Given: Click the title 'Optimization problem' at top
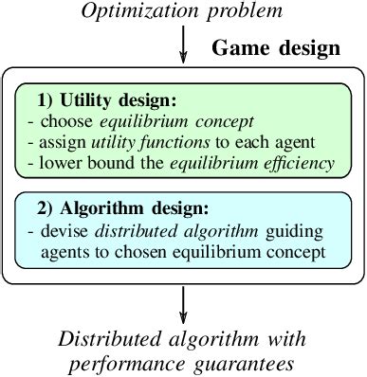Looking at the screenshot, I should (x=183, y=12).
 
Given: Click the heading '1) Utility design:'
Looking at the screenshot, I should (x=106, y=99).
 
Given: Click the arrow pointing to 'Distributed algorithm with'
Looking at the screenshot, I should (x=184, y=304).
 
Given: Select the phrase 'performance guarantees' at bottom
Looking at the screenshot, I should (x=182, y=361).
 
